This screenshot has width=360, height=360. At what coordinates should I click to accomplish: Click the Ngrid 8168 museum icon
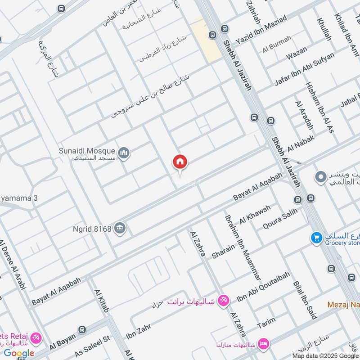click(120, 228)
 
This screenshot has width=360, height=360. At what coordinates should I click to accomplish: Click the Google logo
click(19, 353)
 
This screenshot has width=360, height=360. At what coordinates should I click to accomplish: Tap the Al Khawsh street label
click(255, 214)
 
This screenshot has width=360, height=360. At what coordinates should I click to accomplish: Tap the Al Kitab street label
click(102, 301)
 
